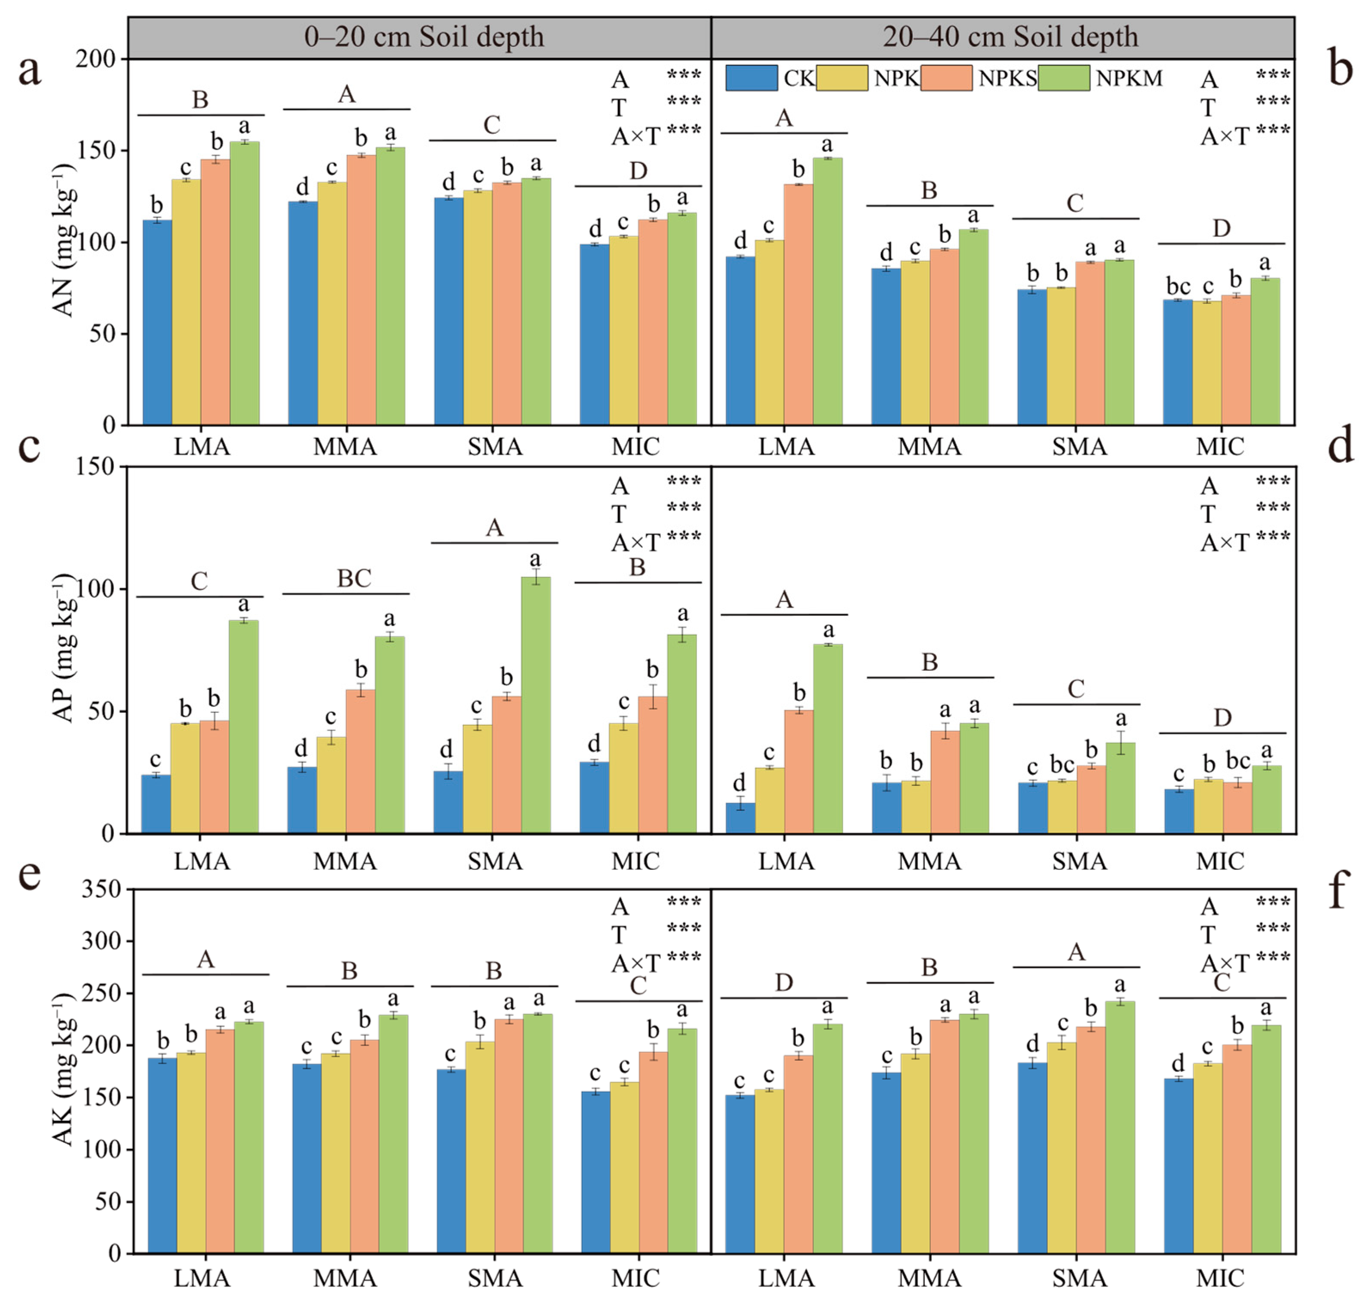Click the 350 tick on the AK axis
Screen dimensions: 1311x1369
(x=101, y=889)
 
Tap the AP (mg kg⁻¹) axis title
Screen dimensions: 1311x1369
(x=64, y=648)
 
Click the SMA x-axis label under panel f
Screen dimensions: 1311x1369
(x=1079, y=1278)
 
